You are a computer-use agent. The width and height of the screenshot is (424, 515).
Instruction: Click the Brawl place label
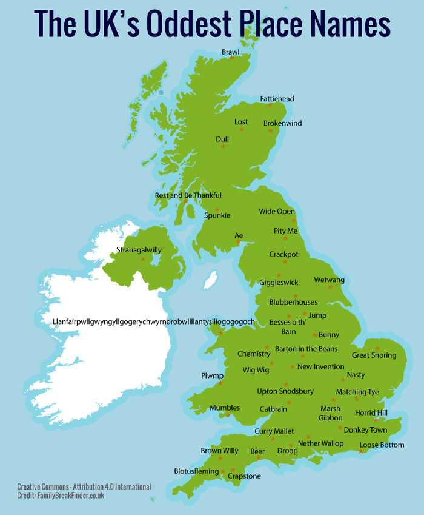click(x=231, y=52)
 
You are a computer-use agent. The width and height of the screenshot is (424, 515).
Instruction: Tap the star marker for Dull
click(x=223, y=147)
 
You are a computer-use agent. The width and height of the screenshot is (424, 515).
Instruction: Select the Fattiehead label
click(x=277, y=98)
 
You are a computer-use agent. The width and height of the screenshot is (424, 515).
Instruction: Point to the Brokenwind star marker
click(x=271, y=130)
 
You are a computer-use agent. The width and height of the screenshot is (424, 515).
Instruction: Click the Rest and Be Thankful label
click(x=188, y=195)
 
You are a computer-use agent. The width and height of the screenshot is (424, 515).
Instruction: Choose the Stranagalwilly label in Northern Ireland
click(x=139, y=249)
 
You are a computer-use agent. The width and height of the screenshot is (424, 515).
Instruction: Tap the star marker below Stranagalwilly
click(x=143, y=259)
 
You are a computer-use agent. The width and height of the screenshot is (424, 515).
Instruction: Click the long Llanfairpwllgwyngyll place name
click(x=154, y=321)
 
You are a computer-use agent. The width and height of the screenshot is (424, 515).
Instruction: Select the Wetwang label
click(x=329, y=280)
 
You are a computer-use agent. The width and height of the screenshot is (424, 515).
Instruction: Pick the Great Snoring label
click(x=374, y=355)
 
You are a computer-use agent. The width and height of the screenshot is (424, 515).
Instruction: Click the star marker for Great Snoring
click(x=377, y=348)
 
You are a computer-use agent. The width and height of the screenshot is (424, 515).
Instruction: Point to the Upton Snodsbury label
click(x=285, y=391)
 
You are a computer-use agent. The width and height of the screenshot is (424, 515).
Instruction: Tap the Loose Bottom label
click(x=382, y=445)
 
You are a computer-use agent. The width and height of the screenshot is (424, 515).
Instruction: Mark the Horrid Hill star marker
click(x=376, y=420)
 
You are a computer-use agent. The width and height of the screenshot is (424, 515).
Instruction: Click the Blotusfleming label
click(x=196, y=471)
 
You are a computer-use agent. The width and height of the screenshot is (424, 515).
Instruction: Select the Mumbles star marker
click(x=227, y=416)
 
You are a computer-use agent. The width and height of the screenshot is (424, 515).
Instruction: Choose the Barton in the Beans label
click(x=306, y=349)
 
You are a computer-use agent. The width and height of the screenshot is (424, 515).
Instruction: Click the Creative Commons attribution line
click(x=84, y=487)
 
